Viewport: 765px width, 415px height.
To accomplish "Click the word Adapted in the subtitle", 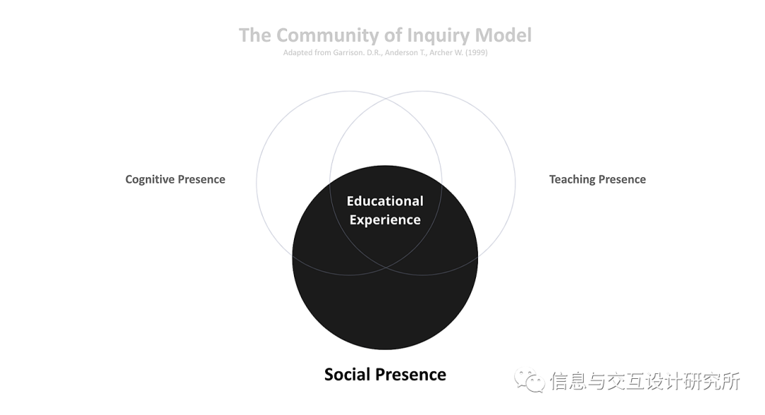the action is [297, 53].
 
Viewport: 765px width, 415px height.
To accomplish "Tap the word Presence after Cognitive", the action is [202, 179].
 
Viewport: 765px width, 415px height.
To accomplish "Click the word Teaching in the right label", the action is [572, 179].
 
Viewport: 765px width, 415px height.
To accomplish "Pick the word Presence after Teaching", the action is [623, 179].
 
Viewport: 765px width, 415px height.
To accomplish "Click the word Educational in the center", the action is [385, 201].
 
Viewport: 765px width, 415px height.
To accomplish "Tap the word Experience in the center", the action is [385, 220].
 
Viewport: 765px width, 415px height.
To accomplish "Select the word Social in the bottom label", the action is [348, 374].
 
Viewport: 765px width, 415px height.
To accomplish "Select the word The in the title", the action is [255, 35].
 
